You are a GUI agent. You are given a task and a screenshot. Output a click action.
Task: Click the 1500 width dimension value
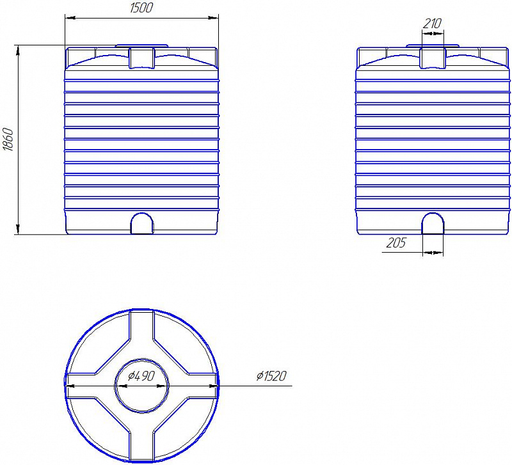click(x=141, y=8)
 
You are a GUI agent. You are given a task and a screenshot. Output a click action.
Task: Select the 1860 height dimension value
click(x=8, y=139)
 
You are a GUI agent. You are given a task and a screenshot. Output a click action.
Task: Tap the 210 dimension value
click(x=432, y=24)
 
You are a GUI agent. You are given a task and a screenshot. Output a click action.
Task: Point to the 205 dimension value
click(x=396, y=243)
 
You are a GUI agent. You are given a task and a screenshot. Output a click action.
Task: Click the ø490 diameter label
click(x=141, y=376)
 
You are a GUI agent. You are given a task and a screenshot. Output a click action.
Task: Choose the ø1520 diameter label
click(x=271, y=376)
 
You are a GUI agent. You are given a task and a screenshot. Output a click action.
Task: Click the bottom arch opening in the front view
click(x=142, y=223)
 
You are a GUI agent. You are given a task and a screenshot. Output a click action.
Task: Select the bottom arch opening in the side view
click(x=433, y=223)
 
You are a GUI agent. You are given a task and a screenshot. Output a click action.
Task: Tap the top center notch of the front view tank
click(x=141, y=58)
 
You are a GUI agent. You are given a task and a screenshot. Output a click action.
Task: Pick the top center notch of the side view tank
click(x=433, y=58)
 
